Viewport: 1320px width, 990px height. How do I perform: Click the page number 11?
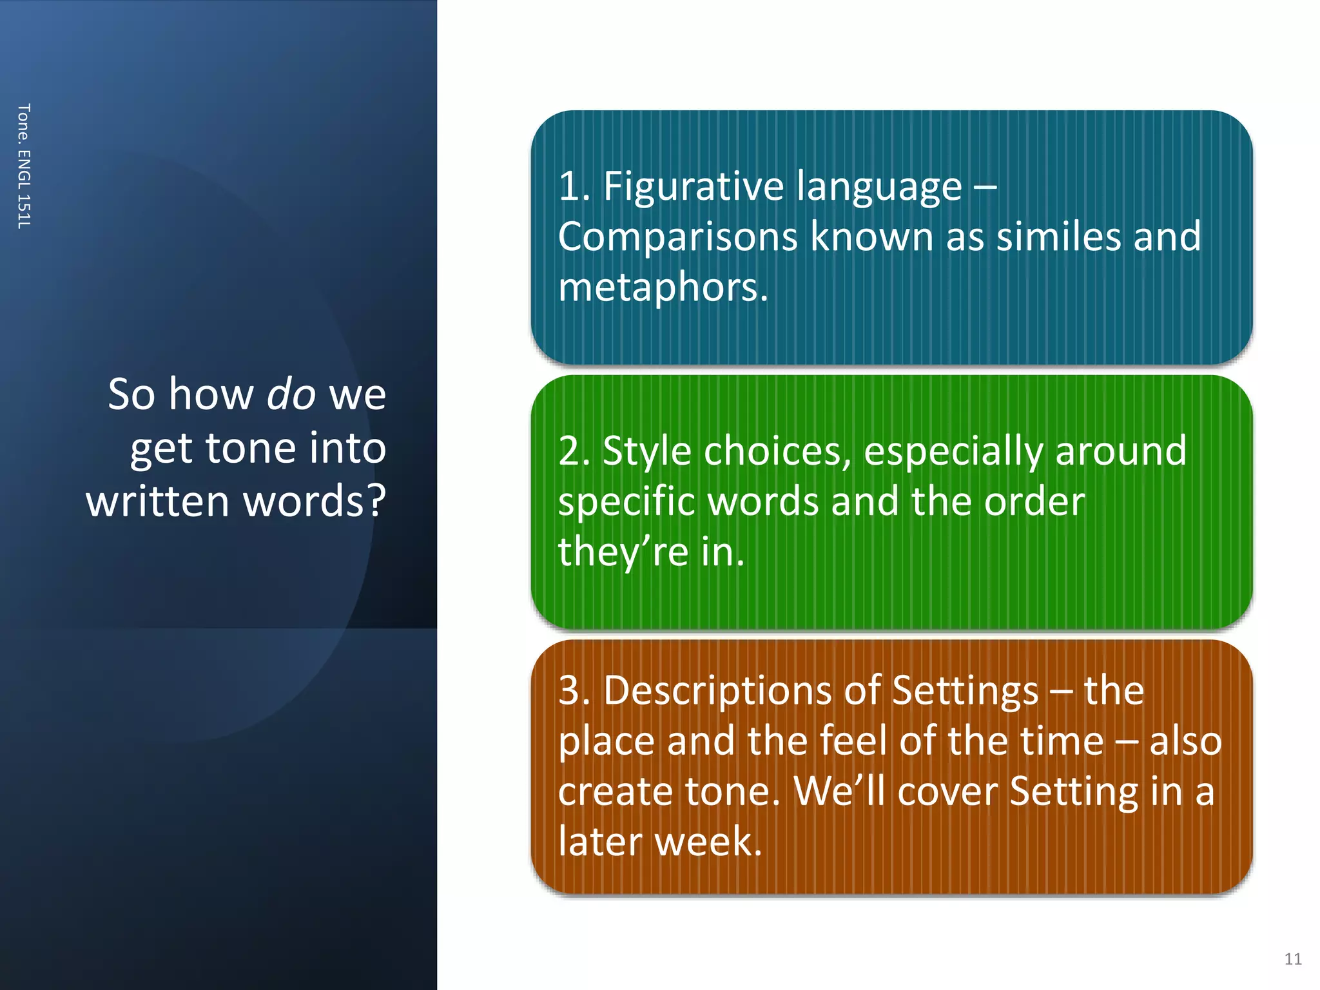1292,958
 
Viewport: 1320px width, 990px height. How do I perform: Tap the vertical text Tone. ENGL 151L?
24,166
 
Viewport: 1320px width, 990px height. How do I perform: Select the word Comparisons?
677,237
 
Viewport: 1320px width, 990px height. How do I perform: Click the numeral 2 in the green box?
568,451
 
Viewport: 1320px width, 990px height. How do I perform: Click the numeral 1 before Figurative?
568,186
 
